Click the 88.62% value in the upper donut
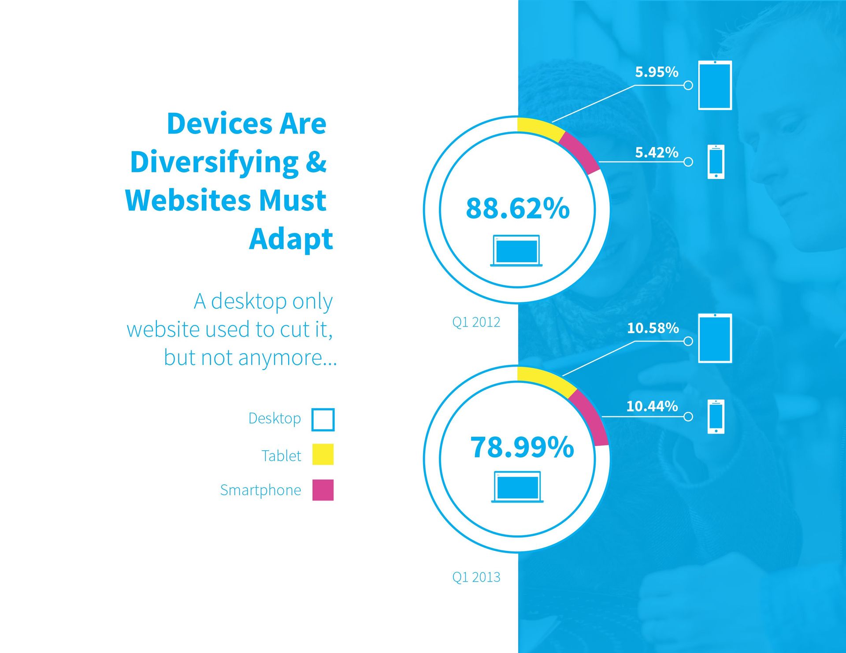click(x=518, y=208)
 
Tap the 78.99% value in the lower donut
click(x=522, y=447)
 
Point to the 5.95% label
click(x=657, y=72)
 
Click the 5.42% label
click(x=657, y=152)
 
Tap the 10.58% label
click(x=653, y=328)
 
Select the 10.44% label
click(x=652, y=406)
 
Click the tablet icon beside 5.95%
click(x=715, y=85)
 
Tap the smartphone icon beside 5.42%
click(x=716, y=162)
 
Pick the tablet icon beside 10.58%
click(x=715, y=338)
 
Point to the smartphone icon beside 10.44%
click(x=716, y=416)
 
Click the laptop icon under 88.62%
click(x=516, y=251)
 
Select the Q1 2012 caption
click(x=476, y=322)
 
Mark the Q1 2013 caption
click(x=476, y=577)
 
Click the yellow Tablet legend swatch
click(x=323, y=454)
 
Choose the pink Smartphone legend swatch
click(x=323, y=490)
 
